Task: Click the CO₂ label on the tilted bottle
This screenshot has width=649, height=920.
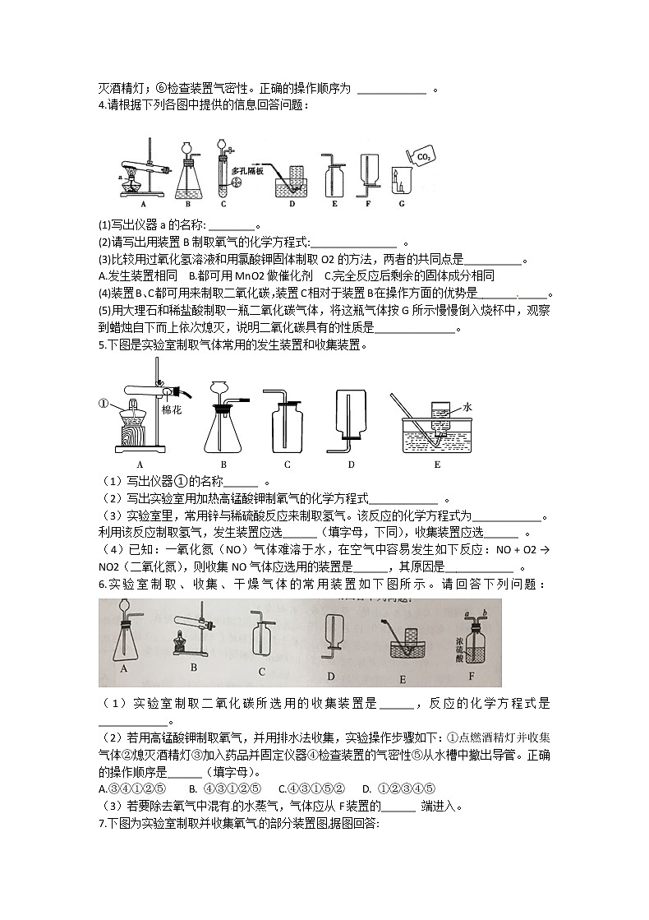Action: tap(425, 155)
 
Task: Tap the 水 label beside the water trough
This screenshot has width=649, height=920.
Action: tap(468, 406)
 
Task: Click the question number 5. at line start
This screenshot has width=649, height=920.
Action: tap(102, 345)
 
